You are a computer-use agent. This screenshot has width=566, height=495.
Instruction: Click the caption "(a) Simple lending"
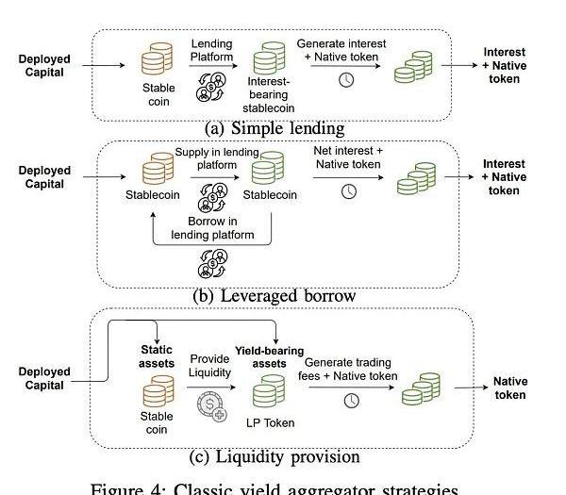(x=275, y=127)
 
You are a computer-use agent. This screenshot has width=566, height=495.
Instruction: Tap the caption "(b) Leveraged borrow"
(x=275, y=296)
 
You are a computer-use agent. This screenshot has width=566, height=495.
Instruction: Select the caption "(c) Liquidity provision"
(x=275, y=457)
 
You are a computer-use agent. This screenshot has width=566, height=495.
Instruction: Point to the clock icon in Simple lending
(x=346, y=80)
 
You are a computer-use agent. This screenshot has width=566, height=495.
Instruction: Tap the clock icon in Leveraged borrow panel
(x=349, y=191)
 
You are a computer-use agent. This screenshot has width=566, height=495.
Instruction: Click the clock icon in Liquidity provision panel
(x=352, y=401)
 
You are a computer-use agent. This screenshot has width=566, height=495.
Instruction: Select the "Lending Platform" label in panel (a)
(x=211, y=50)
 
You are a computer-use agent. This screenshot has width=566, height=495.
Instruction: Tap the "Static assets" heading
(x=158, y=355)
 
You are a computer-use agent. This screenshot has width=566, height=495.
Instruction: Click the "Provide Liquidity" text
(x=209, y=366)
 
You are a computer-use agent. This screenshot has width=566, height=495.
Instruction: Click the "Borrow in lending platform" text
(x=213, y=228)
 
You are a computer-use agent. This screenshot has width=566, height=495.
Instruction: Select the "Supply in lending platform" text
(x=218, y=157)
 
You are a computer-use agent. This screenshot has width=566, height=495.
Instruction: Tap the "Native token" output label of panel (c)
(x=510, y=388)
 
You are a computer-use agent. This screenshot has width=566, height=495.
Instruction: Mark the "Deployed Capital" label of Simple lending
(x=44, y=66)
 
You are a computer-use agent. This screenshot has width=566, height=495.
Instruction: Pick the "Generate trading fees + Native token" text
(x=351, y=369)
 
